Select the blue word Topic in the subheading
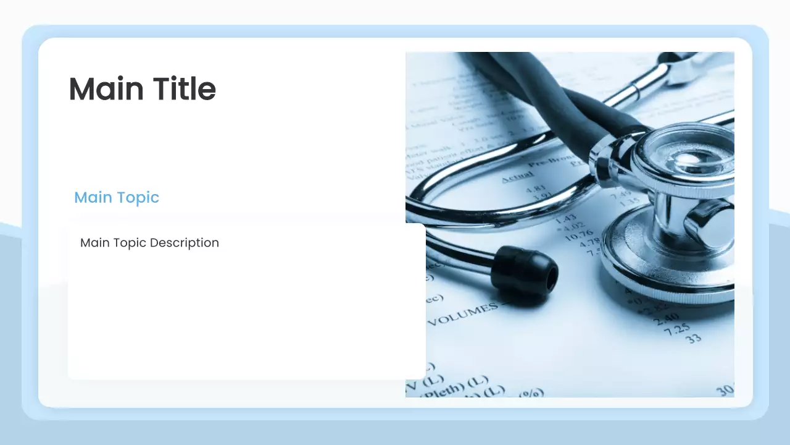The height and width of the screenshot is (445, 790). click(138, 197)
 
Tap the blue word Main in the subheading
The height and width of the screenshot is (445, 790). click(93, 197)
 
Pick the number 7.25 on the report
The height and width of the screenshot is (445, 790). click(676, 329)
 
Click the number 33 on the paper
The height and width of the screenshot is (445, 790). click(694, 339)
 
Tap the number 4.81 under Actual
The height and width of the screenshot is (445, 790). click(535, 189)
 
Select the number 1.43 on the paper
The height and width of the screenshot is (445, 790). click(565, 218)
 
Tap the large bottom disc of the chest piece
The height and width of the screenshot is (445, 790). click(667, 260)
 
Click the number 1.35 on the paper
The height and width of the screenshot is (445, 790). click(630, 201)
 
